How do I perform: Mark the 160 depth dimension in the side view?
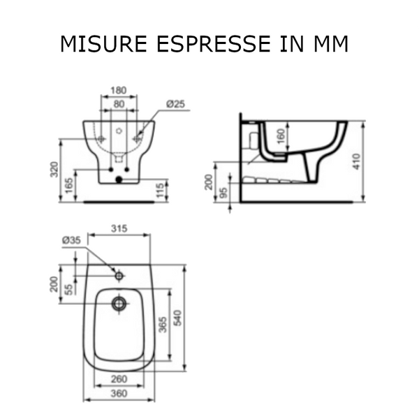point(281,135)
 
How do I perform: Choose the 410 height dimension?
point(358,162)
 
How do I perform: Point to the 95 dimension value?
point(224,193)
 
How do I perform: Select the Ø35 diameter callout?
point(71,240)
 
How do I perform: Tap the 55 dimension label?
point(69,288)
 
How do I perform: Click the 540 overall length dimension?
point(178,318)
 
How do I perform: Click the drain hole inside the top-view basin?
point(119,303)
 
